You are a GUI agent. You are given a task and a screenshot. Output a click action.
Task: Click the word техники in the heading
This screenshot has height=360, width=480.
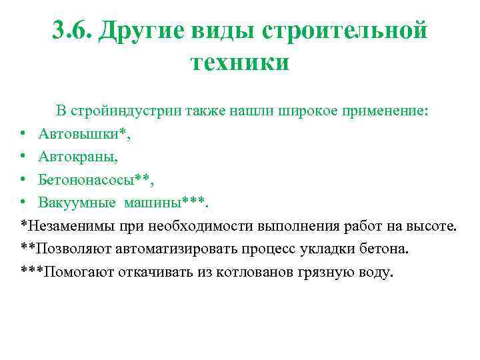[240, 63]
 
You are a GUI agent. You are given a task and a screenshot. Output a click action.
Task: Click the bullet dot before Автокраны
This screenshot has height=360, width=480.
[23, 157]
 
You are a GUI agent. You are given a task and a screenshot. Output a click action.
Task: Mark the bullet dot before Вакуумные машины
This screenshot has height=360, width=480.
[23, 203]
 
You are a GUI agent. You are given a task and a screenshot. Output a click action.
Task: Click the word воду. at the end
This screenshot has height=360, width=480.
[375, 271]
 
